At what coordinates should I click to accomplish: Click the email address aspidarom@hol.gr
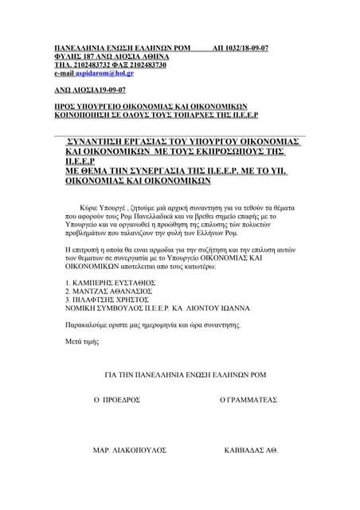pos(112,73)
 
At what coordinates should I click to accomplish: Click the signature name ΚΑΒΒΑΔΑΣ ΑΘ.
pos(251,450)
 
